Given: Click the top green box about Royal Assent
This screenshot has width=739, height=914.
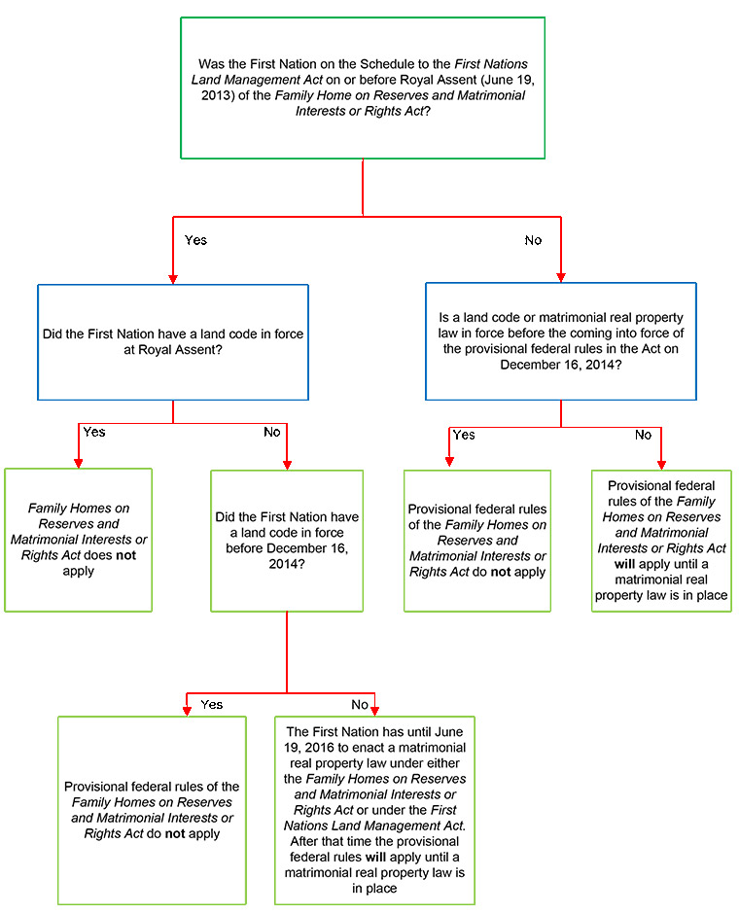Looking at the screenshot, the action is point(363,88).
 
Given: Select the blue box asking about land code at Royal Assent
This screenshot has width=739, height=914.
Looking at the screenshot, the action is point(173,342).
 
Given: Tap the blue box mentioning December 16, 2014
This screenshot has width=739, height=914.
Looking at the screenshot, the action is point(561,341).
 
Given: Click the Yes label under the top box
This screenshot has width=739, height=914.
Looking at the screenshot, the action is point(195,240).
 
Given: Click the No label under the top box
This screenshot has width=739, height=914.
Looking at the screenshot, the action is point(533,240).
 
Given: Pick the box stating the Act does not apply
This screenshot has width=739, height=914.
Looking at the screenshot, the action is point(78,540).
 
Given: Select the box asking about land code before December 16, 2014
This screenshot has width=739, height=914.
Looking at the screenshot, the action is point(287,541).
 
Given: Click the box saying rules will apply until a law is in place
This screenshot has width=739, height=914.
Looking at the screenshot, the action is point(661,541).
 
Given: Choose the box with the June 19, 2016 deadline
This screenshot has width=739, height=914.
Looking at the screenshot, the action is point(374,810).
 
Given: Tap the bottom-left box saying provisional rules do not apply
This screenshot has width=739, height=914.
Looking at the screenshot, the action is point(152,810).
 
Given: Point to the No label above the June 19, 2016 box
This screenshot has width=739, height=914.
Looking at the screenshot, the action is point(360,705).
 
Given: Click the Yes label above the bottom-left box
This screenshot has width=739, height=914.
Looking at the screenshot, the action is point(212,705).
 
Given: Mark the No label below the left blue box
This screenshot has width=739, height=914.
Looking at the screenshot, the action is point(272,432).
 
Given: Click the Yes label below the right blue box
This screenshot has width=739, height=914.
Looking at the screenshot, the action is point(464,435).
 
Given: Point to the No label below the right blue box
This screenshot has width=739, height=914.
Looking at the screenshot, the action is point(644,435).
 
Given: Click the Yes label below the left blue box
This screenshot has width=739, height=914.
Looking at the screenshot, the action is point(94,432).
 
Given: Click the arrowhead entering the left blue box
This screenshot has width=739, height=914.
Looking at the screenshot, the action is point(173,279).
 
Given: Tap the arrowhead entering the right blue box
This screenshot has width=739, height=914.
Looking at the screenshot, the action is point(561,277).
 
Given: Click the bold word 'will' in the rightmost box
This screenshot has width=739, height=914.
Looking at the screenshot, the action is point(624,564).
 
